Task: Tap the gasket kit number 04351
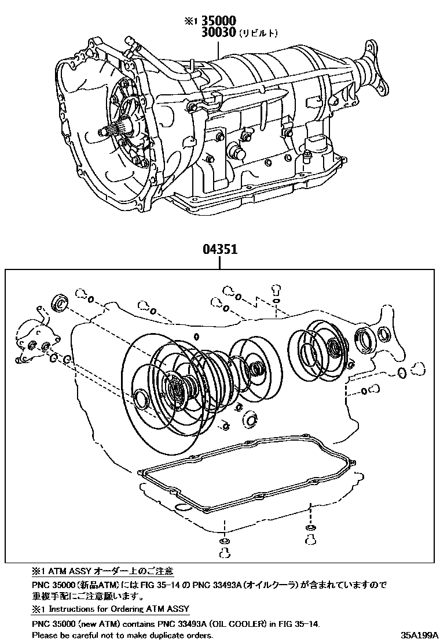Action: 220,252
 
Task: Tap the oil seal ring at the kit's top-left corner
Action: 60,302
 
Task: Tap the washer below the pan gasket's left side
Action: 223,541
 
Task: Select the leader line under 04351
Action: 219,263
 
